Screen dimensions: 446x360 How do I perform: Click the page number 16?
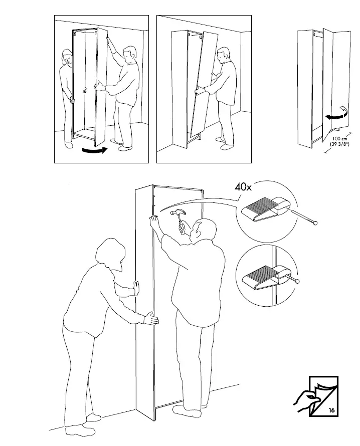click(331, 410)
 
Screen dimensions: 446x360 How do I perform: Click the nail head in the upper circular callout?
click(315, 223)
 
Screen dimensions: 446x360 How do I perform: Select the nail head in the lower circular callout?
click(298, 281)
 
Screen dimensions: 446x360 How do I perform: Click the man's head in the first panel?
click(130, 53)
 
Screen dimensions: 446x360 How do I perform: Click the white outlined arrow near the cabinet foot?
click(343, 110)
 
